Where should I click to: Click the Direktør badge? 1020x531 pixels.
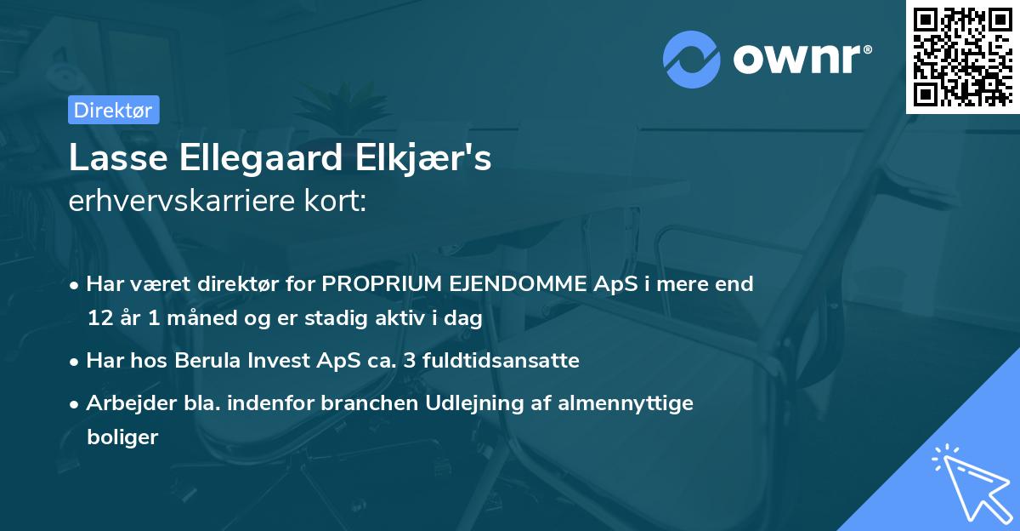(x=113, y=109)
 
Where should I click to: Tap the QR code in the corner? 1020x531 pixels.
(x=963, y=56)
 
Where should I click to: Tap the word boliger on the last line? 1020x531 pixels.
(x=122, y=437)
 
